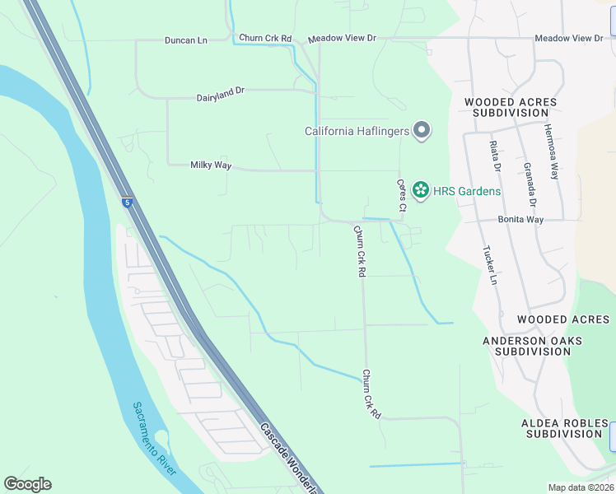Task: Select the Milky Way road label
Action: point(211,165)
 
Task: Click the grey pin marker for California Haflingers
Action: point(422,131)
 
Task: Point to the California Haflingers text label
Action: point(357,131)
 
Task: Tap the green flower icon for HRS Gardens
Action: point(421,191)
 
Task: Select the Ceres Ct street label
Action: point(401,196)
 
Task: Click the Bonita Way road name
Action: point(520,220)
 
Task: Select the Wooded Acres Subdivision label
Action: point(511,108)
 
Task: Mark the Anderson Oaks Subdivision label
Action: point(532,346)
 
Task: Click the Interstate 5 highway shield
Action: point(127,202)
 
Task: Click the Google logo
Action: point(27,484)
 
